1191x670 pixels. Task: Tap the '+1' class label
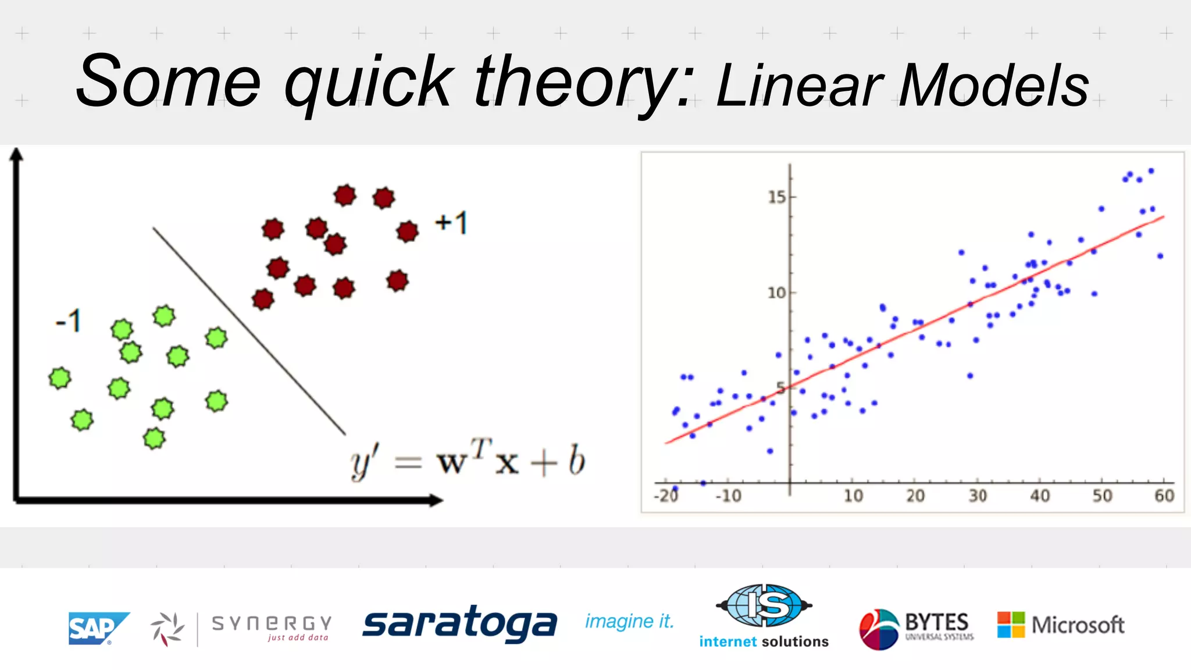451,223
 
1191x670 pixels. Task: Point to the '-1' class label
68,321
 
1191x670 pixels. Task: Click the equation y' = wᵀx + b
468,461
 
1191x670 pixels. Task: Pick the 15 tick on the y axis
777,197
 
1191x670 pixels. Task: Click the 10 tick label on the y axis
777,293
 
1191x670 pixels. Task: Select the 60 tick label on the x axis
1164,496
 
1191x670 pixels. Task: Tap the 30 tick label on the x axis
978,496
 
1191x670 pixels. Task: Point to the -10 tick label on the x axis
728,496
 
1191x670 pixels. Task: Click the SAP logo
97,628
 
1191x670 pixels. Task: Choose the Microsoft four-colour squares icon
1011,625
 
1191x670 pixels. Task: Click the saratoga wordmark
459,623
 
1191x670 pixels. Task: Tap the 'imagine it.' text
629,621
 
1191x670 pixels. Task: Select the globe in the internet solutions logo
764,605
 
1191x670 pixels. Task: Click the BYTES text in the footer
936,622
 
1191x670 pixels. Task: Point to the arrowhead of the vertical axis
17,154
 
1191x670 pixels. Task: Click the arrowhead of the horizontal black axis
436,500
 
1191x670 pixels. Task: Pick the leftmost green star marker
60,378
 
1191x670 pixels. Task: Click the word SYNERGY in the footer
272,623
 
